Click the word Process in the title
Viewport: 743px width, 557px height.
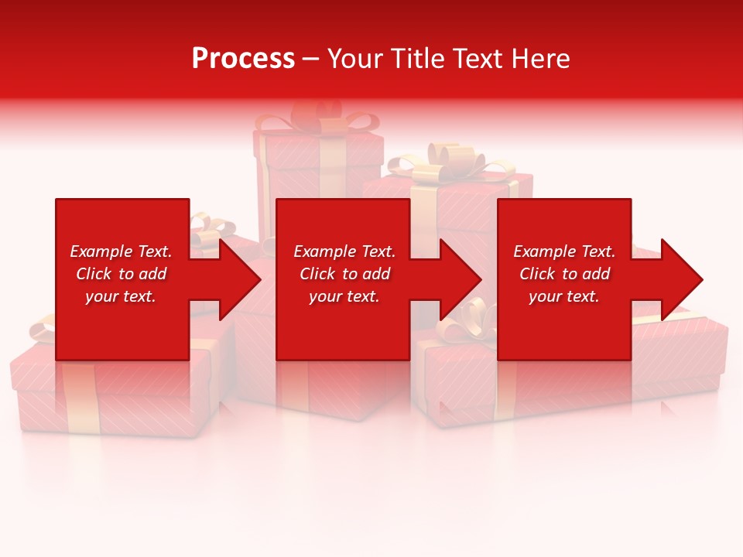243,59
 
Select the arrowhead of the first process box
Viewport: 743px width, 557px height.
240,279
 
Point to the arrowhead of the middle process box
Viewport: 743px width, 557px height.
461,279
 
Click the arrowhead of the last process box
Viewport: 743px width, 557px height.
682,279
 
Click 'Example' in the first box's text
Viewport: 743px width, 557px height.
101,251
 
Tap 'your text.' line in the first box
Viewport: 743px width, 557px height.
121,296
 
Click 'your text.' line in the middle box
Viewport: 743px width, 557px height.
344,296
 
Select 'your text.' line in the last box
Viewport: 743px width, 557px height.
564,296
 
